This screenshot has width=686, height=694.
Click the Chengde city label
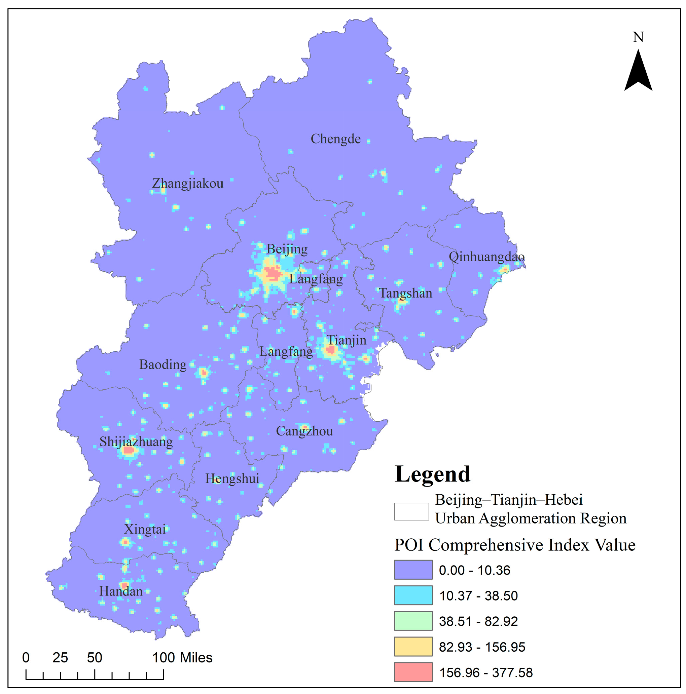335,139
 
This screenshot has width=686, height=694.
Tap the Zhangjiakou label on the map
188,184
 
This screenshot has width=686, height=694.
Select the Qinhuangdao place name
486,257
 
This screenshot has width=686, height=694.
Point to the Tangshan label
405,293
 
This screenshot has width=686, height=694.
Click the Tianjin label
346,340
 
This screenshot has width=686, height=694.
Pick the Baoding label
163,364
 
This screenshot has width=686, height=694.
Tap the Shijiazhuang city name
136,441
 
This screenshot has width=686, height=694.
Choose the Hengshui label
232,478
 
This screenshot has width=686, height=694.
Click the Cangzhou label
304,431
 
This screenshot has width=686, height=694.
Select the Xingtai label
145,529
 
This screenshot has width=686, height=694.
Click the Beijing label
287,249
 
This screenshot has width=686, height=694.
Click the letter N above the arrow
638,37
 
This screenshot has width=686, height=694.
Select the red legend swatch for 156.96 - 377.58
413,672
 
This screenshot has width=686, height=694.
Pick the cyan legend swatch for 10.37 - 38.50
413,595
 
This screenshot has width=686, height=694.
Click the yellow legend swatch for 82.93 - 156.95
413,646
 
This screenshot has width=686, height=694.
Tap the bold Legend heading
432,474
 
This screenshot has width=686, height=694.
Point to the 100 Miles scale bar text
182,657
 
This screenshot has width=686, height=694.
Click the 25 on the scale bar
60,657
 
